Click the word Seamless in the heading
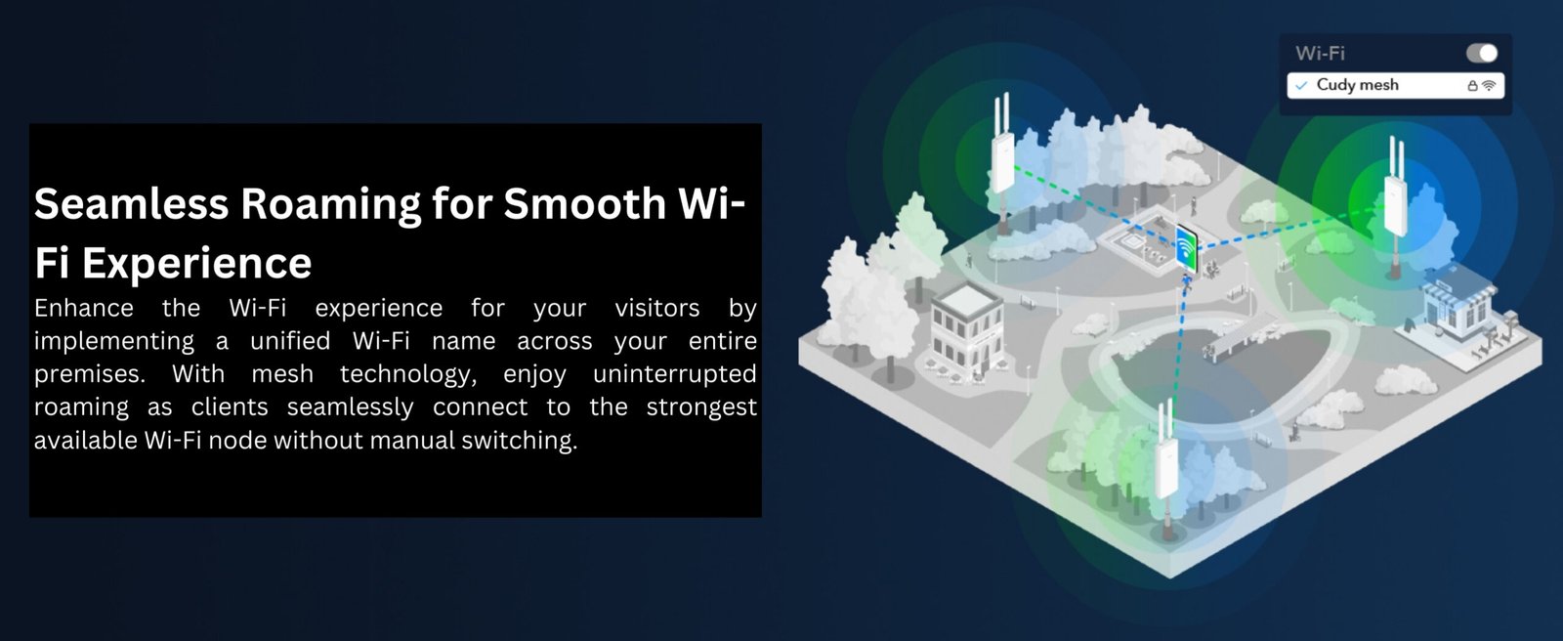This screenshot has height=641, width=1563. (x=131, y=203)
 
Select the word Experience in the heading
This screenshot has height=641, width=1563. (x=196, y=264)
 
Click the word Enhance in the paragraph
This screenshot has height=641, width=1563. (x=84, y=307)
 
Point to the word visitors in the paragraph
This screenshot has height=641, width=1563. (x=656, y=307)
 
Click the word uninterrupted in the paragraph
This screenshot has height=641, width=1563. (x=674, y=374)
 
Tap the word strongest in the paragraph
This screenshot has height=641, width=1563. (x=701, y=407)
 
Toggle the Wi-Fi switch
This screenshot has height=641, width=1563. (x=1481, y=53)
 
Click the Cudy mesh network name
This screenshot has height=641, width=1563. (x=1357, y=85)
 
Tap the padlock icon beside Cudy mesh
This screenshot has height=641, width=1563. (x=1471, y=86)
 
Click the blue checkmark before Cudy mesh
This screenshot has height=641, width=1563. (x=1301, y=86)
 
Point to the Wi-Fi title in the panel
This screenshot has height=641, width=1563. (x=1320, y=53)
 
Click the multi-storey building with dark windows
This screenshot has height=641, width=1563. (x=966, y=328)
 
